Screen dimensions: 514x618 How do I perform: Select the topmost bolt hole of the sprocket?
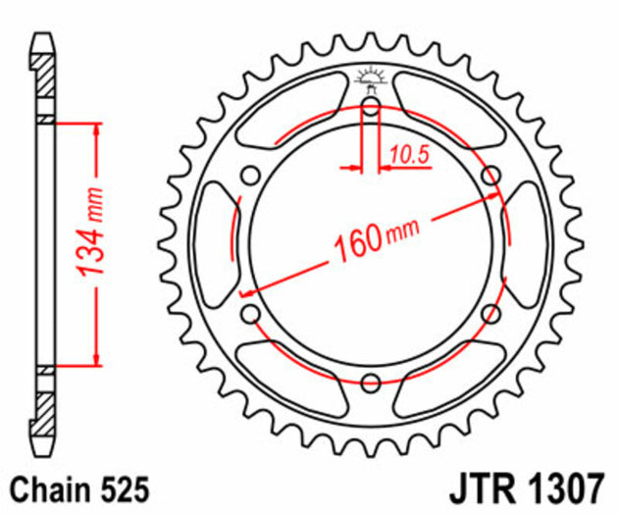[371, 107]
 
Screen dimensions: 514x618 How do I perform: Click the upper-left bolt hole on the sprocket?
[251, 177]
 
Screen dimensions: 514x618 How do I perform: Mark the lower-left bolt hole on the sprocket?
[251, 313]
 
